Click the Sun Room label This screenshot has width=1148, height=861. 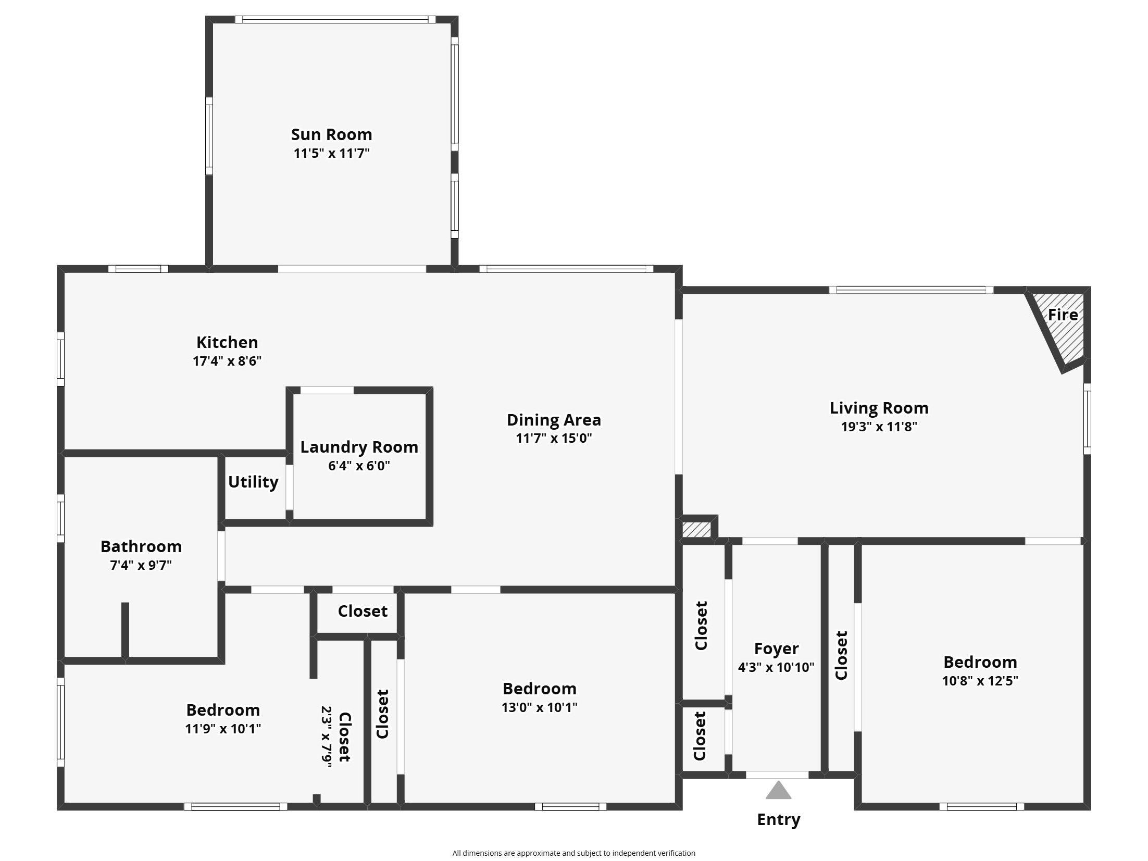(x=331, y=134)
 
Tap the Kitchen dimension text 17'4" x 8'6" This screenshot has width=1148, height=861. (x=227, y=361)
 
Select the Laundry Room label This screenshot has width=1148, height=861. (x=359, y=447)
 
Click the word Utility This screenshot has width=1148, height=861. (x=253, y=482)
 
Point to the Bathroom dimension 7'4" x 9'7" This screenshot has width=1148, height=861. (x=141, y=565)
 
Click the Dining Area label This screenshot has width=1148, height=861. (x=554, y=420)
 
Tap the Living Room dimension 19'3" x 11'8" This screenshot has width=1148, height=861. (x=879, y=427)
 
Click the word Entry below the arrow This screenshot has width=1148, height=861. (x=778, y=819)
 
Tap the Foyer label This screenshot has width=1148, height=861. (x=776, y=648)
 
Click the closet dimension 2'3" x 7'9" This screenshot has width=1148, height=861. (x=327, y=737)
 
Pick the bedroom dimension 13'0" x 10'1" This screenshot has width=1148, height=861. (x=539, y=707)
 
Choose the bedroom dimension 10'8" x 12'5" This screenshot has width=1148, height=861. (x=980, y=681)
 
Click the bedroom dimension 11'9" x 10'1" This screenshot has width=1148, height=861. (x=223, y=729)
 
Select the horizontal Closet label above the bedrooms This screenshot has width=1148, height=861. (x=363, y=611)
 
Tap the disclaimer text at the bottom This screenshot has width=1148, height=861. (x=573, y=853)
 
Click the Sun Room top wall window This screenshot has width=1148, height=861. (x=335, y=20)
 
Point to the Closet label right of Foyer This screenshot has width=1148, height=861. (x=841, y=655)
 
